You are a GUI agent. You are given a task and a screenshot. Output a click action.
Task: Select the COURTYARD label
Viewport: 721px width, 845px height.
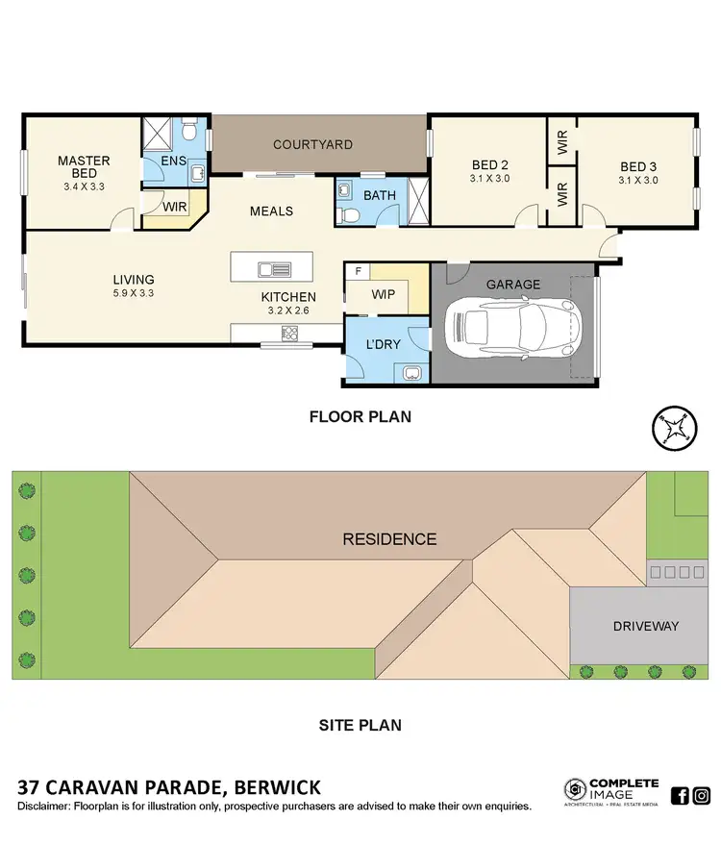[x=312, y=145]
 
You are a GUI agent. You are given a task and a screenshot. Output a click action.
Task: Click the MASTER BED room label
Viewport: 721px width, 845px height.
[x=84, y=167]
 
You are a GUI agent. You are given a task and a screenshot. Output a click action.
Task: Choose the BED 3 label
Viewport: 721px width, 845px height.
[x=637, y=165]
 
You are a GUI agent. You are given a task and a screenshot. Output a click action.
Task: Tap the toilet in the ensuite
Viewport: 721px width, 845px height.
[x=191, y=128]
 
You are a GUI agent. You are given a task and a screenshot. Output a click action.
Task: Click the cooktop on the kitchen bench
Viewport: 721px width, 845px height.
[x=289, y=334]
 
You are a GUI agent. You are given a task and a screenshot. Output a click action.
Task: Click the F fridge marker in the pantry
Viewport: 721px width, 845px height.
[x=358, y=272]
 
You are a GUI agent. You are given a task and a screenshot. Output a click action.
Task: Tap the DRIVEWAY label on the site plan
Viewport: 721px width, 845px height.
[x=646, y=626]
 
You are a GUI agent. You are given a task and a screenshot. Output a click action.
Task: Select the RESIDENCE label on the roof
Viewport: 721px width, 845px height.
[x=389, y=539]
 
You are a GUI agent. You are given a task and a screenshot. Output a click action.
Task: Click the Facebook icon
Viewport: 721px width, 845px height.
[x=679, y=795]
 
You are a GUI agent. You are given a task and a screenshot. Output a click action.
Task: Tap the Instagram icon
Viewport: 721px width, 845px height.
[x=702, y=795]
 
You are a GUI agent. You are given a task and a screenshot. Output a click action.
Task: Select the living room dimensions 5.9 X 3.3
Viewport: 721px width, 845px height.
[x=133, y=293]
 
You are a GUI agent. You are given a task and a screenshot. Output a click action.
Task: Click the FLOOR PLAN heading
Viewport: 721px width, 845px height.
[x=360, y=417]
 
